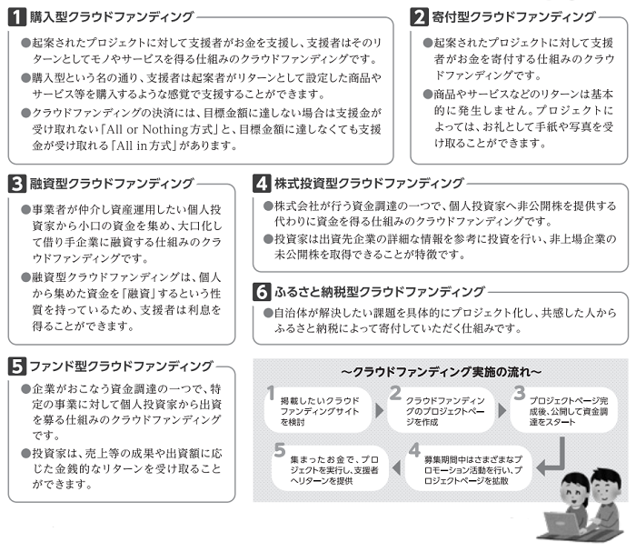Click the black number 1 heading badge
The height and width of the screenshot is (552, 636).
point(17,16)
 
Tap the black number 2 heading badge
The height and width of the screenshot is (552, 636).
point(420,16)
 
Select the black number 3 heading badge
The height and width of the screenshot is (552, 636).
point(17,184)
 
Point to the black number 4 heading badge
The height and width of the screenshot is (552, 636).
point(262,183)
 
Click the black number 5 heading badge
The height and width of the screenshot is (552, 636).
point(17,366)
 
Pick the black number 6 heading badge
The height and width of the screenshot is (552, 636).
point(262,291)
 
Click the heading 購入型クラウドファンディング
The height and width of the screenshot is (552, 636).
point(112,16)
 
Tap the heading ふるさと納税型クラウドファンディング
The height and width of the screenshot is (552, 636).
point(380,291)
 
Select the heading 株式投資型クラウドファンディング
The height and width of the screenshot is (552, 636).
point(369,183)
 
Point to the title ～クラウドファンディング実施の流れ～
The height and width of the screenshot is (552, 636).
point(441,372)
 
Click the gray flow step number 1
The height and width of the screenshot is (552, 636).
point(271,393)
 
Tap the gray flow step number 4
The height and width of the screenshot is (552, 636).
point(414,450)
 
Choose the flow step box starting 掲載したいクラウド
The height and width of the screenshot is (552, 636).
point(318,410)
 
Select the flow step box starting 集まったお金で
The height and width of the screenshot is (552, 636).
point(330,468)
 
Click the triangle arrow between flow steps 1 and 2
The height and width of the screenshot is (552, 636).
point(379,410)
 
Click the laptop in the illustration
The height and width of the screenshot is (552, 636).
point(561,525)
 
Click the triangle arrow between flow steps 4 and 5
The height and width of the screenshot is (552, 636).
point(397,467)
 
